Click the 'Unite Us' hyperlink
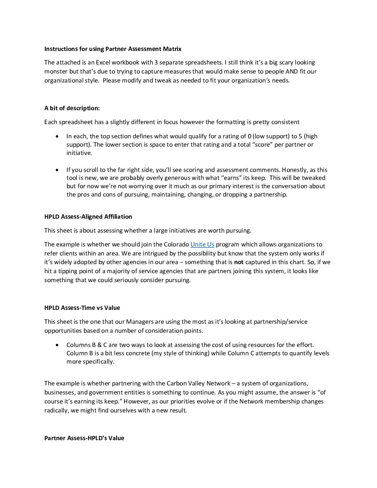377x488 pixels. (x=202, y=244)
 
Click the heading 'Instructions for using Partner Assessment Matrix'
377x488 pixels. (x=113, y=49)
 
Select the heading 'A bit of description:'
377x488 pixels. (x=72, y=108)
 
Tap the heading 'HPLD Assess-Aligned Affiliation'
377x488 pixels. (x=88, y=217)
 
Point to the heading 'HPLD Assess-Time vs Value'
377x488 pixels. (x=82, y=308)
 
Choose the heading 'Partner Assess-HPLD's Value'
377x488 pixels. (x=84, y=438)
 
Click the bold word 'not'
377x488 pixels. (x=239, y=262)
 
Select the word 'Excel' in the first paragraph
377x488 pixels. (x=104, y=63)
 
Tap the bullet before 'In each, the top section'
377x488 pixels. (x=57, y=136)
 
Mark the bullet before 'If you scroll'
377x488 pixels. (x=57, y=170)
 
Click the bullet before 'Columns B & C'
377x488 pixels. (x=57, y=345)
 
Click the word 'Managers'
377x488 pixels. (x=140, y=322)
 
